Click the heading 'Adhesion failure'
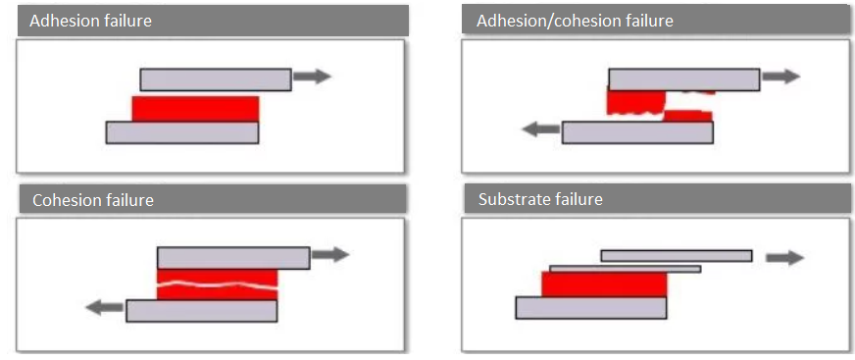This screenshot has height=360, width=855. point(91,21)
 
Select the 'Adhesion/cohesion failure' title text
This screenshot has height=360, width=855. point(575,21)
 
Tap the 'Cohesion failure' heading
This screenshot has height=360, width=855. point(93,200)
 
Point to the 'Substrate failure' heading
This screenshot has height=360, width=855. point(540,200)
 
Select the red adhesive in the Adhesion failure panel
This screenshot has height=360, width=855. point(195,109)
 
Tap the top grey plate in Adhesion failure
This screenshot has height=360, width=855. point(216,78)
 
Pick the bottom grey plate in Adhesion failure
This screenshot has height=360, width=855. point(182,132)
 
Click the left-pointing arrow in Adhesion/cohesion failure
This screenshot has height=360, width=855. point(539,129)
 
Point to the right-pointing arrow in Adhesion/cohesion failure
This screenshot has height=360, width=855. point(781,77)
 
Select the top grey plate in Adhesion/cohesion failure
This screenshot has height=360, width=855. point(684,78)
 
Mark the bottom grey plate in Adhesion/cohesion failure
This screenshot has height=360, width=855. point(637,132)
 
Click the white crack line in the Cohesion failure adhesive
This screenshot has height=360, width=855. point(218,285)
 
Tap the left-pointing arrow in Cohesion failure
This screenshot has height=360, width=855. point(104,307)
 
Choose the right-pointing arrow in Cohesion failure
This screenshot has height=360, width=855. point(330,255)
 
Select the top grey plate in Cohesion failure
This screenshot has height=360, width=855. point(233,257)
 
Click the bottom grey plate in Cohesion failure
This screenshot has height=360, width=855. point(202,311)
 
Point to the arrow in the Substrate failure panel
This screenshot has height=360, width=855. point(784,257)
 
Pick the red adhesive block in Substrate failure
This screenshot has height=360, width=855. point(604,284)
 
